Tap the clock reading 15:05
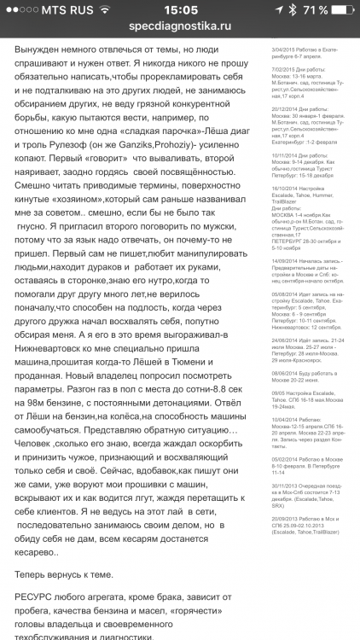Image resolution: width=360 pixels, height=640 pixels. click(x=179, y=9)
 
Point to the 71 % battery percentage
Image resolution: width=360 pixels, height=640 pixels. click(x=313, y=9)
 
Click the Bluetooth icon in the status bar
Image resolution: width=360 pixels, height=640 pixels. click(x=292, y=9)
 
